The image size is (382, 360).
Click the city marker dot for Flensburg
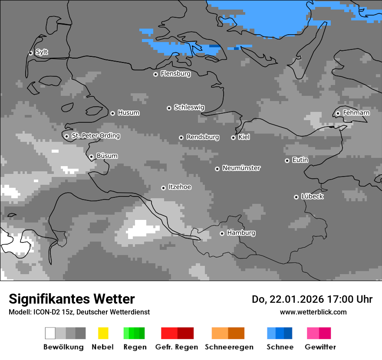(155, 74)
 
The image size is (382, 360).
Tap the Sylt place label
(42, 52)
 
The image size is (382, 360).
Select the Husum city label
(128, 113)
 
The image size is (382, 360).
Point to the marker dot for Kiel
(233, 137)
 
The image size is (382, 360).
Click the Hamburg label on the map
(241, 233)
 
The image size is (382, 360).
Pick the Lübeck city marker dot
(296, 197)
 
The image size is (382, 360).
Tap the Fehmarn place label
(356, 113)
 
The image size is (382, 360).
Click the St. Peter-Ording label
(95, 136)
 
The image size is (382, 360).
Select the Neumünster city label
(241, 168)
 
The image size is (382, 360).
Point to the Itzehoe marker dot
(163, 188)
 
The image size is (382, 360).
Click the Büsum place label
(107, 156)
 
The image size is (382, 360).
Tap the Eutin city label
(300, 160)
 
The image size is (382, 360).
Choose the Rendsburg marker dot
(181, 137)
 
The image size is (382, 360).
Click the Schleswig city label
(189, 107)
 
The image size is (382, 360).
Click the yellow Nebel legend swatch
(103, 333)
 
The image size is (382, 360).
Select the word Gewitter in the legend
(320, 347)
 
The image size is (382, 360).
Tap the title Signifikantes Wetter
(72, 299)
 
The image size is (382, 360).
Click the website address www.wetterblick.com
(313, 312)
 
